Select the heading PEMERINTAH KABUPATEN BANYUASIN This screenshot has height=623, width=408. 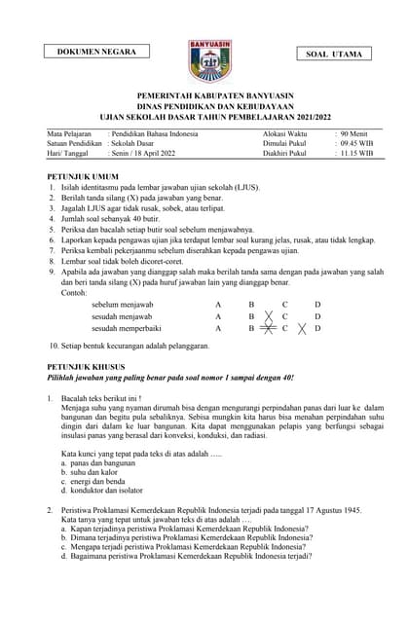(204, 95)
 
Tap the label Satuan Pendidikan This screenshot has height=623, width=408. (75, 142)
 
